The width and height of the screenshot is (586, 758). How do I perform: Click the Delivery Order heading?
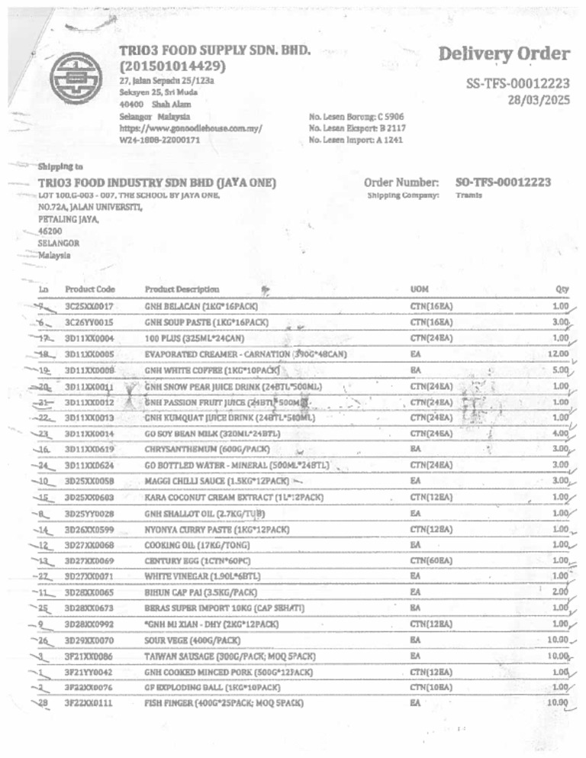504,54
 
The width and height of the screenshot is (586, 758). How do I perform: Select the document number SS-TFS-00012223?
517,84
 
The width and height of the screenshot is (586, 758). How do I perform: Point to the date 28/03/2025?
538,99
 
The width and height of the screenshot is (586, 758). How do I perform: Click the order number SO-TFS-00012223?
503,182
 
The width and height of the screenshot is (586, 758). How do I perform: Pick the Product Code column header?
90,289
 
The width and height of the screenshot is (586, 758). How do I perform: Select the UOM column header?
419,289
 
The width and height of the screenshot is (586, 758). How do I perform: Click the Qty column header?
563,289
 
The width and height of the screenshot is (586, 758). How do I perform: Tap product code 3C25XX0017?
90,307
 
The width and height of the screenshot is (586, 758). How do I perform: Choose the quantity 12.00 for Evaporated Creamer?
559,354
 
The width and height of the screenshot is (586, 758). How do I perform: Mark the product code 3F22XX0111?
90,702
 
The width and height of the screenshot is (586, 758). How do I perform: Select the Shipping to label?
60,166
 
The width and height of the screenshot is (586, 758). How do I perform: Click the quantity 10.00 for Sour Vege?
559,640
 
